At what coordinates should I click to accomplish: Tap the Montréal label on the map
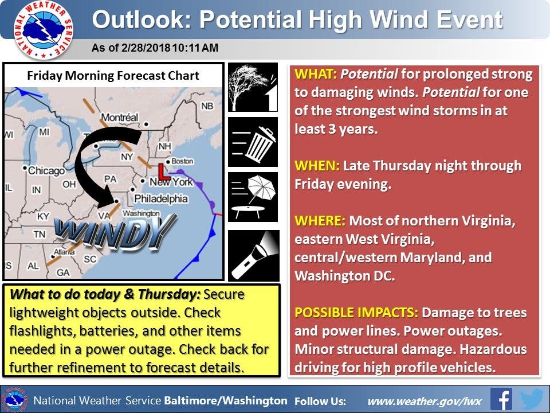click(x=120, y=117)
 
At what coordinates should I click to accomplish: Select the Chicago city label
click(x=46, y=171)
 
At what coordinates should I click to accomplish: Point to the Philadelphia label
click(x=161, y=199)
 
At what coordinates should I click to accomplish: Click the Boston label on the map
click(x=182, y=161)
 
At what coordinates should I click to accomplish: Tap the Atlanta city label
click(x=64, y=252)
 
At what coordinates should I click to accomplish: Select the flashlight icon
click(x=254, y=255)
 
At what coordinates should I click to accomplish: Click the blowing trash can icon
click(x=253, y=142)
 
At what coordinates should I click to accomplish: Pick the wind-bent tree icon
click(x=253, y=87)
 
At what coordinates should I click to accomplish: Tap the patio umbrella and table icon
click(x=253, y=197)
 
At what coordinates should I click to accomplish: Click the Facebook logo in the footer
click(x=501, y=399)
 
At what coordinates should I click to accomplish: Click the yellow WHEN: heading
click(x=317, y=165)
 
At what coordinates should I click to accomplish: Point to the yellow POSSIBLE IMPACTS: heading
click(x=356, y=312)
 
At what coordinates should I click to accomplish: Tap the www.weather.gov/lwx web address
click(x=424, y=401)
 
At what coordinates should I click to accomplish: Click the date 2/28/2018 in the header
click(x=146, y=48)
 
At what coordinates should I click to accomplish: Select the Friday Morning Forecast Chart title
click(x=113, y=76)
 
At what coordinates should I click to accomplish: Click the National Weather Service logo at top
click(x=44, y=30)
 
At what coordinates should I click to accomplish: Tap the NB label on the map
click(x=207, y=106)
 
